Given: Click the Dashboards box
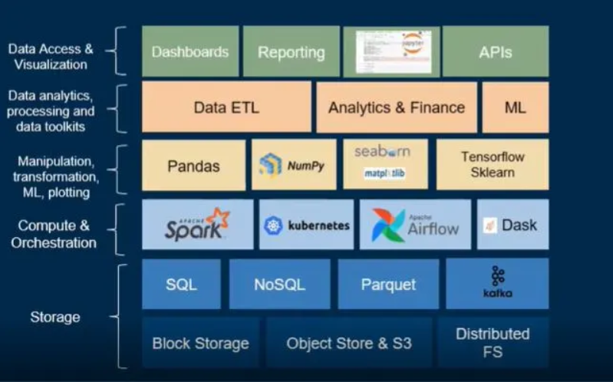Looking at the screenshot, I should (190, 52).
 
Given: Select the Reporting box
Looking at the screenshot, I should (291, 52).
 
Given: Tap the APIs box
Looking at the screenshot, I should (495, 52).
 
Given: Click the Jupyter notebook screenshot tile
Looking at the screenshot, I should (391, 51).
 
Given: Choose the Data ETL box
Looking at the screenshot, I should (226, 107).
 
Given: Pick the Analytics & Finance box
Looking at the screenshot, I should (396, 107).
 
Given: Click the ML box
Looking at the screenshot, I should (515, 107).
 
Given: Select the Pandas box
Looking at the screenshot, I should (193, 165).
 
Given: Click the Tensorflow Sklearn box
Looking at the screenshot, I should (492, 164).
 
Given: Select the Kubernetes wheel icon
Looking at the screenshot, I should (273, 226).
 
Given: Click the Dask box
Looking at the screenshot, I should (512, 225).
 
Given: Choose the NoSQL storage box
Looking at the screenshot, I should (279, 284).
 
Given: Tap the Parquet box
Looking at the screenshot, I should (388, 284).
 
